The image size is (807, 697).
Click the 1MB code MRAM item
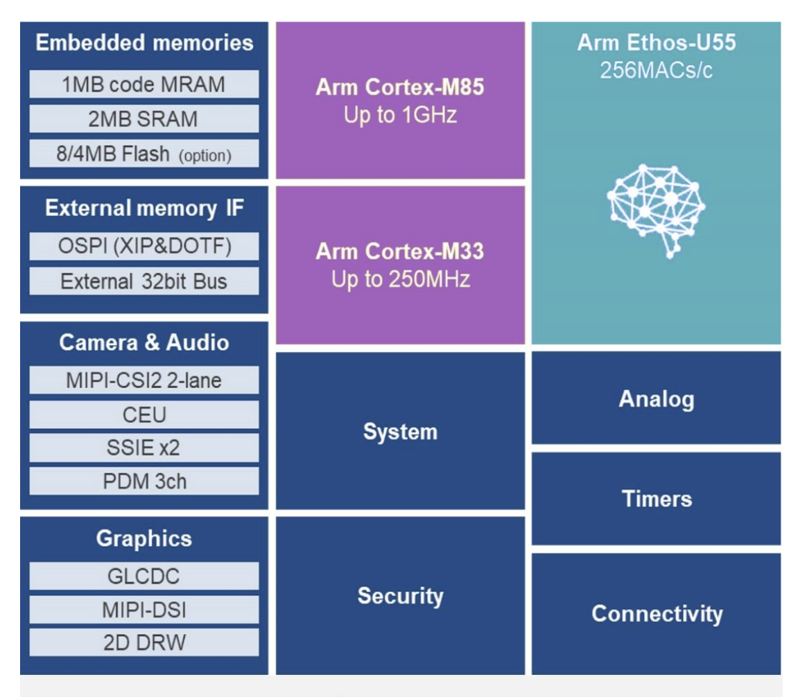pyautogui.click(x=144, y=85)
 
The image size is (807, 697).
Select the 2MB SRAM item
pyautogui.click(x=144, y=119)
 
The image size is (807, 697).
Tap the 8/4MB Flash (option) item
pyautogui.click(x=144, y=154)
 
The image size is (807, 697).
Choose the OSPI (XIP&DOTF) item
pyautogui.click(x=144, y=247)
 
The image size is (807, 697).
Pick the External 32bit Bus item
pyautogui.click(x=144, y=281)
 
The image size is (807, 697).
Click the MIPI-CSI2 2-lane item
pyautogui.click(x=144, y=380)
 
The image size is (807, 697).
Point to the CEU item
pyautogui.click(x=144, y=414)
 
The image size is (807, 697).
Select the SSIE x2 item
pyautogui.click(x=144, y=448)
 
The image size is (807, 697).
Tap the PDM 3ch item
pyautogui.click(x=144, y=481)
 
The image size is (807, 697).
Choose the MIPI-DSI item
pyautogui.click(x=144, y=610)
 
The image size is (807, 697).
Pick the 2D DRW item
pyautogui.click(x=144, y=642)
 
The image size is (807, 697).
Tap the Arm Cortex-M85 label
pyautogui.click(x=400, y=88)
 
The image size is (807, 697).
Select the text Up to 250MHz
pyautogui.click(x=400, y=279)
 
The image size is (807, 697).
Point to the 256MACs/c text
pyautogui.click(x=656, y=71)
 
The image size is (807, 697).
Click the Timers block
pyautogui.click(x=656, y=499)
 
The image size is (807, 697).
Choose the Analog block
pyautogui.click(x=656, y=398)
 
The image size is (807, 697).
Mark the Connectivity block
pyautogui.click(x=656, y=614)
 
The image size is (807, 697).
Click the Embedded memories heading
pyautogui.click(x=144, y=43)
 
